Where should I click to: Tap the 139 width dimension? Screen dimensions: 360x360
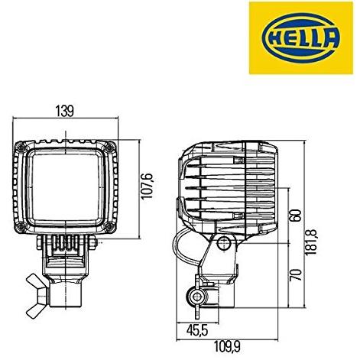tap(65, 112)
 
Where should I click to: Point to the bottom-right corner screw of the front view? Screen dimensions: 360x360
tap(112, 226)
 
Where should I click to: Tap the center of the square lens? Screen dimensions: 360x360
tap(68, 187)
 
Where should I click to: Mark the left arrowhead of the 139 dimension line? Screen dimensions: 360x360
tap(18, 119)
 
